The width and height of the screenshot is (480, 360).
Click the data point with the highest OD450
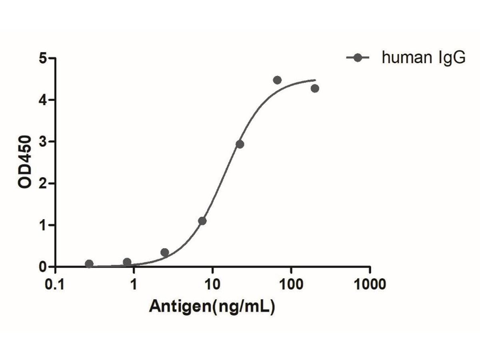tap(277, 80)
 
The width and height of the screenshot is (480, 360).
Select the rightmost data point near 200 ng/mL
tap(315, 88)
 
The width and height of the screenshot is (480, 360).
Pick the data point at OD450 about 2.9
tap(240, 144)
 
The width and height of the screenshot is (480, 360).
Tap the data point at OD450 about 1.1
tap(202, 221)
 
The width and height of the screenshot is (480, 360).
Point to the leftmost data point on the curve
tap(89, 264)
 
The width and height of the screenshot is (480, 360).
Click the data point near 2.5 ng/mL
tap(165, 252)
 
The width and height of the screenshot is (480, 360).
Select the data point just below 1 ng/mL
tap(127, 262)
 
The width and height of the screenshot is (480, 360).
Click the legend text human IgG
tap(424, 58)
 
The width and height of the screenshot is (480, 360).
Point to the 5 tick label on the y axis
tap(44, 58)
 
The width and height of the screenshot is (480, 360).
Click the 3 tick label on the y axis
tap(44, 142)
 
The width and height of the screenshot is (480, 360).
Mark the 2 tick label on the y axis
tap(44, 183)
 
